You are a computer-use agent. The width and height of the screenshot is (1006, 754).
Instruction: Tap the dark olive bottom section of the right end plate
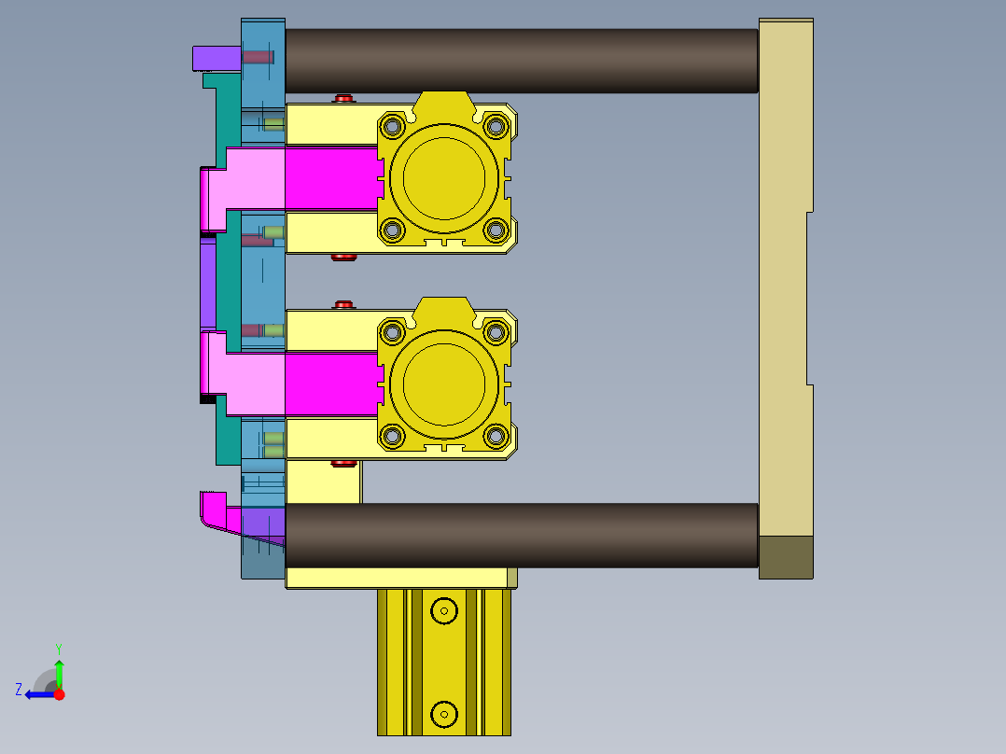point(786,557)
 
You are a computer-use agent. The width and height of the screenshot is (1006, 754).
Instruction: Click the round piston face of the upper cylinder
point(443,177)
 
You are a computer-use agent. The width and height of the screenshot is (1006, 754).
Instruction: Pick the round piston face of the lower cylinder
point(443,384)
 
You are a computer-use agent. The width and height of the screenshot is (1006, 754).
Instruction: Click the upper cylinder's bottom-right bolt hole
point(496,229)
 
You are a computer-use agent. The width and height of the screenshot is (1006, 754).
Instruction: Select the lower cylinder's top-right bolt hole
point(496,331)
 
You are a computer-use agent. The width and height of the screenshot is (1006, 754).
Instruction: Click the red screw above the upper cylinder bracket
point(344,98)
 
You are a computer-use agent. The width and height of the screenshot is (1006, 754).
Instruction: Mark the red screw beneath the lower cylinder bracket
point(344,463)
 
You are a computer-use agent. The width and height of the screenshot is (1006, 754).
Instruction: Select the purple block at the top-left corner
point(216,58)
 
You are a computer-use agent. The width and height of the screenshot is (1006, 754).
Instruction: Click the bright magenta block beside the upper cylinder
point(331,178)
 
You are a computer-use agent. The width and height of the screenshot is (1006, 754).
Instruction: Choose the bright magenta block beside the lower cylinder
point(331,384)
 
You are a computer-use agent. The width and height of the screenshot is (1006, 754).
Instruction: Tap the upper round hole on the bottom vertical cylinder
point(444,611)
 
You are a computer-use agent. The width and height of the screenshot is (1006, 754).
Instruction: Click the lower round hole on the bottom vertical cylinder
point(444,715)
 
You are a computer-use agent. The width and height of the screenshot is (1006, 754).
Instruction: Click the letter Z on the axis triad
point(19,690)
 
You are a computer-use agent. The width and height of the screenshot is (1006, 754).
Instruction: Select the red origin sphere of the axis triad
point(59,694)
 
